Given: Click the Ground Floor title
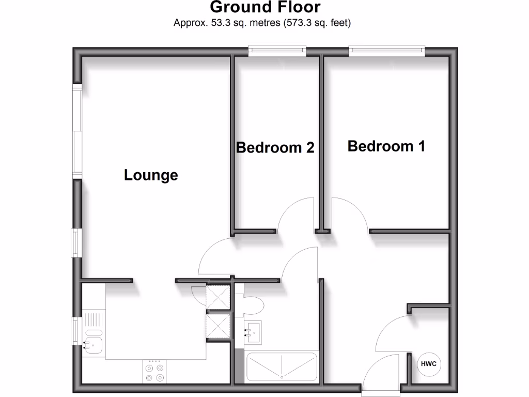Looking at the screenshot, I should pos(264,8).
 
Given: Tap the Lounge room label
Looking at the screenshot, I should pos(151,175).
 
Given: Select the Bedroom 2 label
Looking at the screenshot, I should pos(275,148).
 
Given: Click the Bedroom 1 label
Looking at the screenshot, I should pos(386,146).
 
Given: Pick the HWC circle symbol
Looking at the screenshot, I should pos(429,364).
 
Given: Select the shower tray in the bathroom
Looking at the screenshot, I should pos(282,367).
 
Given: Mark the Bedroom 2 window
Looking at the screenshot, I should pos(277,50).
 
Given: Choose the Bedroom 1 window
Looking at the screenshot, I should pos(387,50).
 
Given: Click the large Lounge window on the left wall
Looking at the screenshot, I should pos(77,131).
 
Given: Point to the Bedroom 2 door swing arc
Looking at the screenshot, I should pos(296,215).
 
